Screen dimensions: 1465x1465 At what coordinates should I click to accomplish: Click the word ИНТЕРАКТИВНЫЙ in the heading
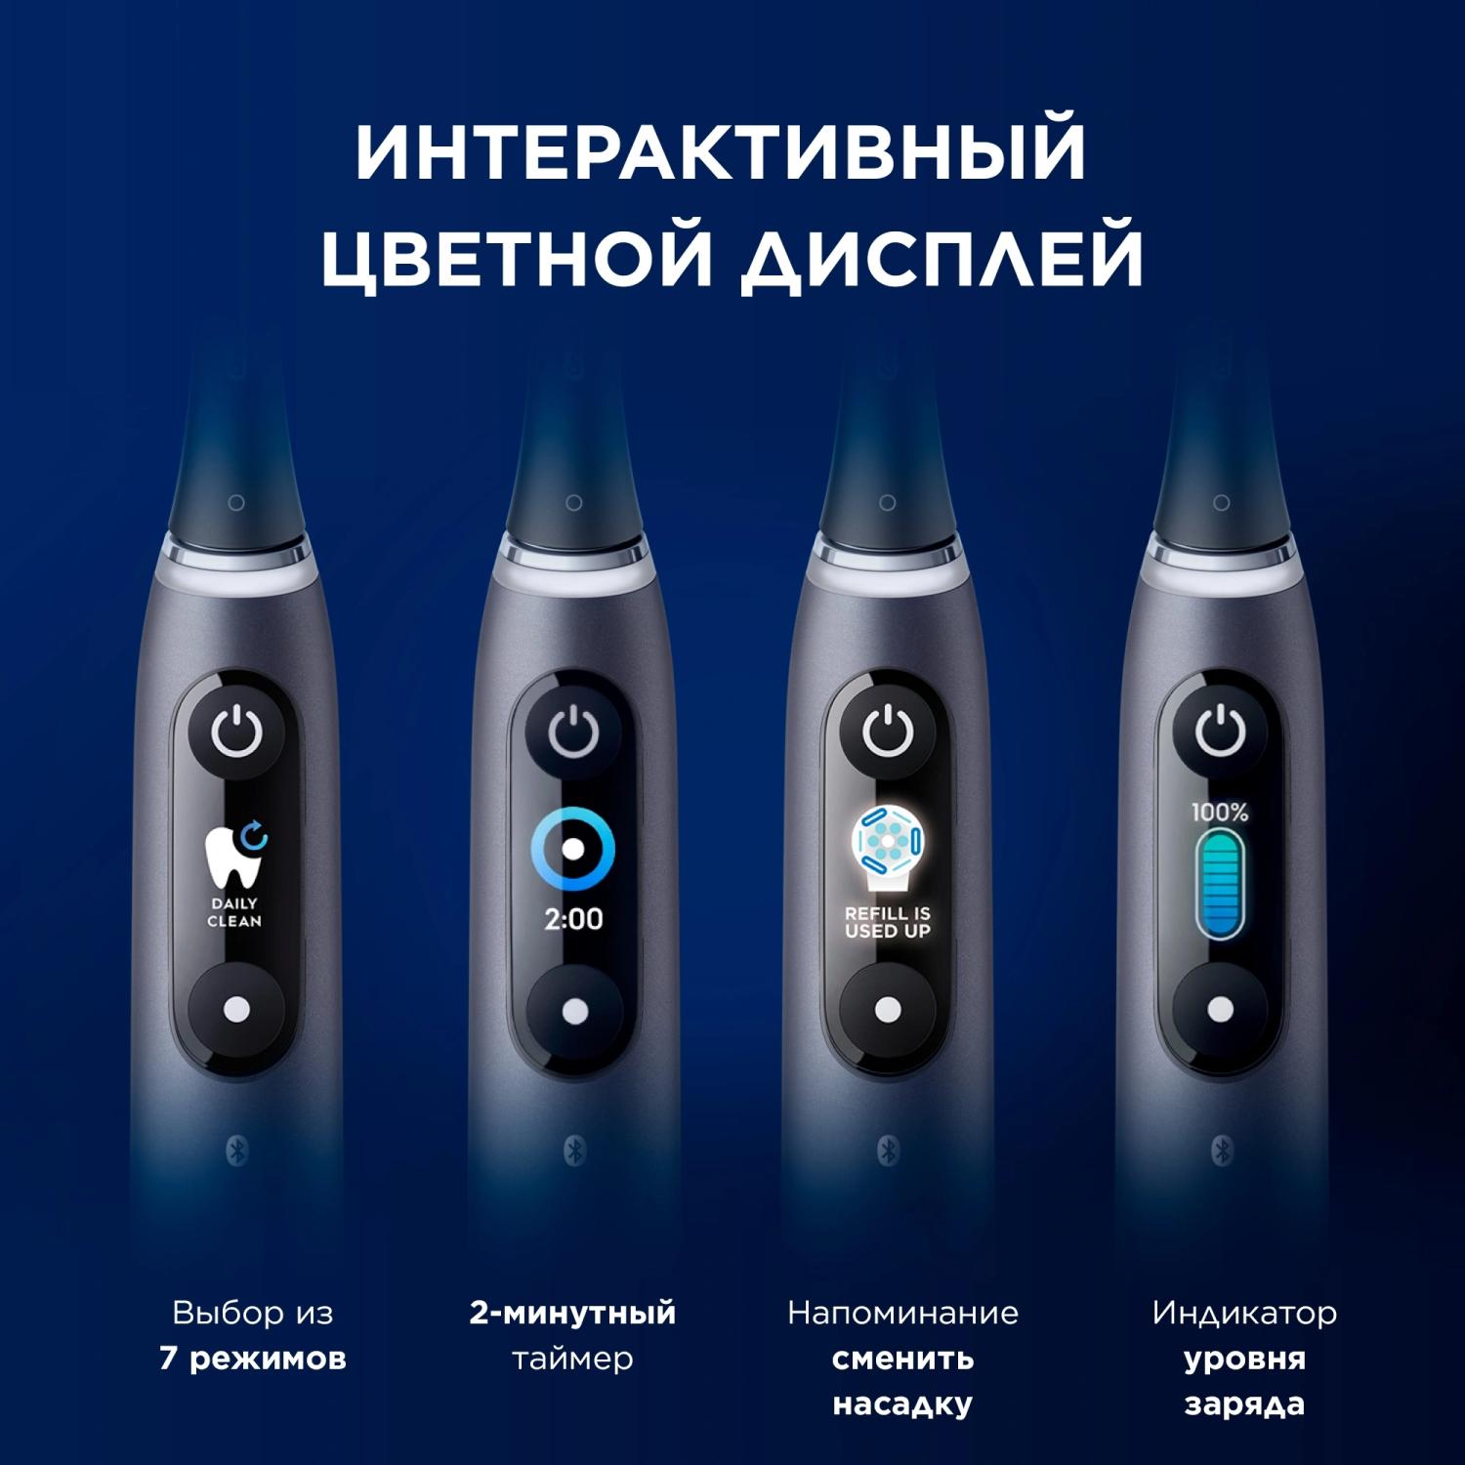(x=721, y=150)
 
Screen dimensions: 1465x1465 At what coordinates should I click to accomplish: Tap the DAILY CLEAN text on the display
(x=234, y=912)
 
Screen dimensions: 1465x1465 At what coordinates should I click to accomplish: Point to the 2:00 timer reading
(x=573, y=919)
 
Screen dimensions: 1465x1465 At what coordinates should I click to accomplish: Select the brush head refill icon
(x=888, y=847)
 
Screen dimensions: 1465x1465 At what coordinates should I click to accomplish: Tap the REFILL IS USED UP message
(x=888, y=923)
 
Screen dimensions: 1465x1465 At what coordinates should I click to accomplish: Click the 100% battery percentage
(x=1220, y=812)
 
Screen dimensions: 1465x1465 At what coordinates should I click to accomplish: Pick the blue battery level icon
(x=1220, y=884)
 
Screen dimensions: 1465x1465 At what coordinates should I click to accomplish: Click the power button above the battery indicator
(x=1221, y=732)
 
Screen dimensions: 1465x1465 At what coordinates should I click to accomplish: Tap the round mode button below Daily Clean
(x=235, y=1010)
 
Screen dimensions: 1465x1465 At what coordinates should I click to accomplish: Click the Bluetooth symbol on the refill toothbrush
(x=888, y=1151)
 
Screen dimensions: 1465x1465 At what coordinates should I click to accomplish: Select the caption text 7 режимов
(x=253, y=1359)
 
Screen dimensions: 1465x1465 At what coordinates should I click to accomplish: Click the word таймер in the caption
(x=573, y=1359)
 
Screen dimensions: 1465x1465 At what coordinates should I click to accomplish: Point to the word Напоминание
(x=902, y=1314)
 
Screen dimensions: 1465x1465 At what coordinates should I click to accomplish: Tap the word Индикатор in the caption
(x=1244, y=1314)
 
